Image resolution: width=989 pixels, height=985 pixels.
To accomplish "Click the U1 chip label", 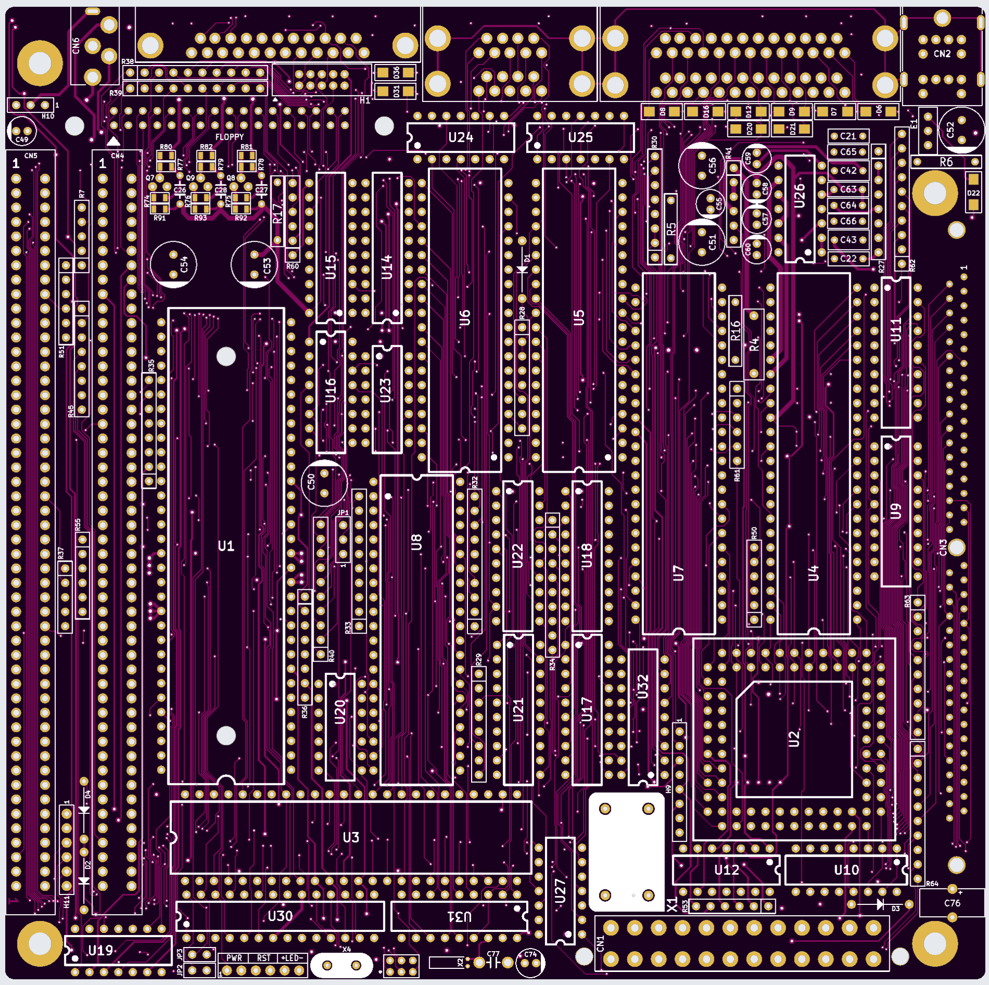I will [x=226, y=546].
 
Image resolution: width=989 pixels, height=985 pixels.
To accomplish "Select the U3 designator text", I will [x=351, y=837].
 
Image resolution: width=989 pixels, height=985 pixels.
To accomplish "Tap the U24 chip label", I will [x=461, y=137].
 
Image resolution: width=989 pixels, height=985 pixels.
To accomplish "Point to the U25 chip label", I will [x=580, y=137].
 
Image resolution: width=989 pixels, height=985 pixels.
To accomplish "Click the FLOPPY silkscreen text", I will [x=229, y=137].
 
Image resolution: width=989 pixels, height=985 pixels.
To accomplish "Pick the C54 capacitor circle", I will [x=174, y=265].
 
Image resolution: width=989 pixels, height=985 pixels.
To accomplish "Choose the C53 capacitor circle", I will [x=254, y=265].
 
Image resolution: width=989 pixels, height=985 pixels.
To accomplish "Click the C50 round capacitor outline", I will [x=324, y=483].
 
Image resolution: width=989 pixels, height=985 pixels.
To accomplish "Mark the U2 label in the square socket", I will [x=793, y=738].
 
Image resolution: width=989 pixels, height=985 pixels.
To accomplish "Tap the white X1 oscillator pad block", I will [x=627, y=851].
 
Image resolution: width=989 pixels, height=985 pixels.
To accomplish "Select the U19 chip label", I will [x=100, y=951].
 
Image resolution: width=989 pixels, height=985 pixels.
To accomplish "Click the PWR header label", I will [x=234, y=958].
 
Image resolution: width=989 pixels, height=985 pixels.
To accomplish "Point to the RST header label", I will [x=264, y=958].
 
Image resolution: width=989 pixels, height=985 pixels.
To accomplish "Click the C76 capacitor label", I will [x=952, y=903].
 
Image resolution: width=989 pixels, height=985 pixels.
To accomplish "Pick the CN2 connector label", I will [x=942, y=54].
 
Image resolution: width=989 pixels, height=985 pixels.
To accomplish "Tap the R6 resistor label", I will [x=946, y=162].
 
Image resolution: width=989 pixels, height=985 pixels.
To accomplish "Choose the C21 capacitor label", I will [x=848, y=136].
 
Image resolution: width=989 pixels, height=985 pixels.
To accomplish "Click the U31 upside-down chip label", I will [x=460, y=916].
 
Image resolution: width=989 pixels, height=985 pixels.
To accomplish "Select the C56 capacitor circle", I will [x=702, y=166].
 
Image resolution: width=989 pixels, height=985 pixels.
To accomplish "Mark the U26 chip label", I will [x=800, y=196].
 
